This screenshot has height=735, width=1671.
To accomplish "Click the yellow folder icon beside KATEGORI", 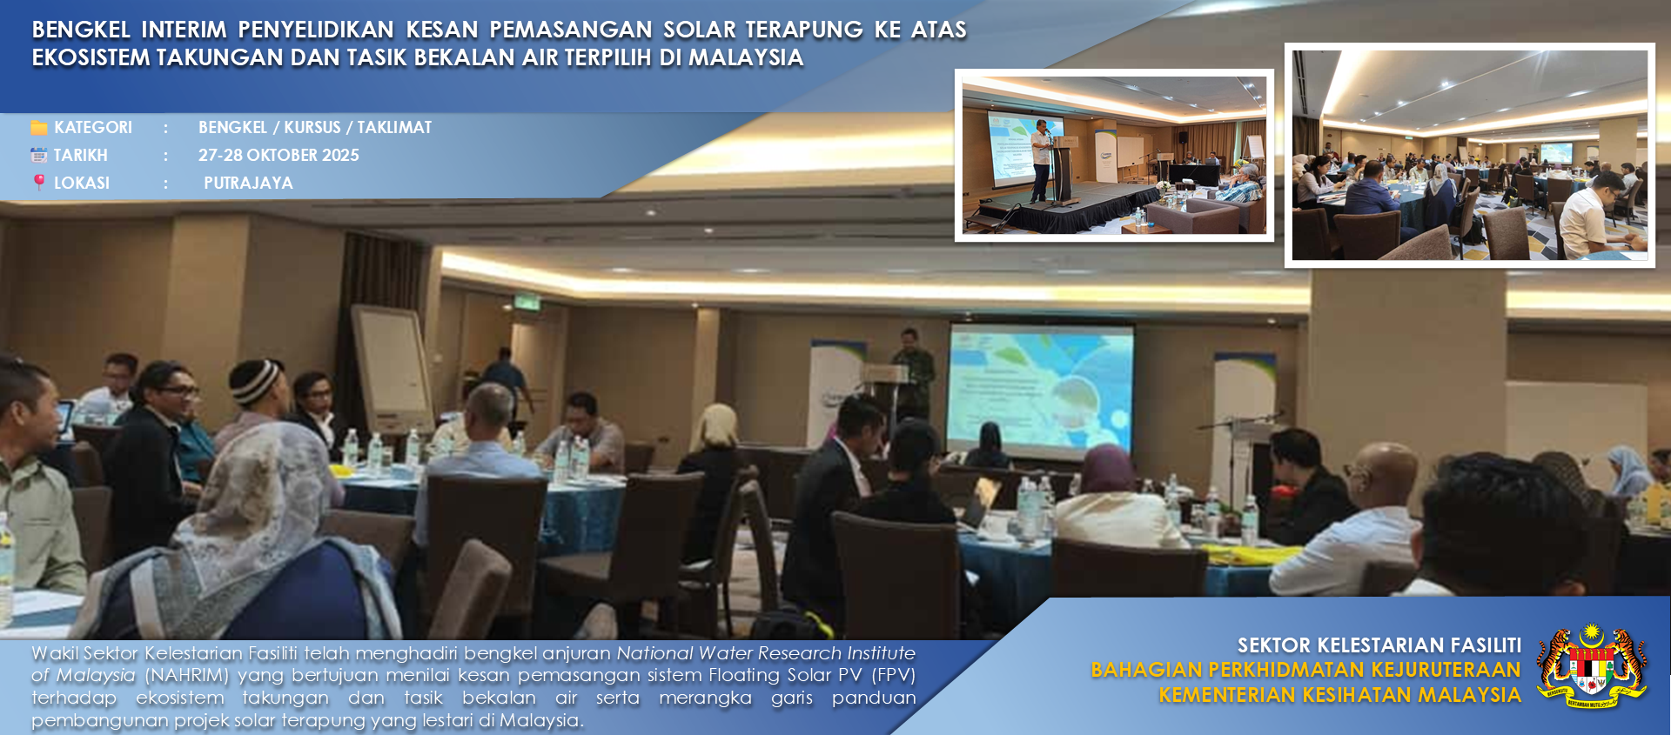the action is pyautogui.click(x=39, y=128).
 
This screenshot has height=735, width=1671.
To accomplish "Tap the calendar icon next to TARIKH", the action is pyautogui.click(x=39, y=156).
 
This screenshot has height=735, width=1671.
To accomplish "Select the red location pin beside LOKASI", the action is pyautogui.click(x=39, y=182).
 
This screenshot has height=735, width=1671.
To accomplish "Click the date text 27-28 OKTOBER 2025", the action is pyautogui.click(x=278, y=155).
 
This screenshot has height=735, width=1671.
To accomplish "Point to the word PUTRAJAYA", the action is pyautogui.click(x=248, y=183).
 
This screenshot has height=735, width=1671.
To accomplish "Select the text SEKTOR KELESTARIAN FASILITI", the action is pyautogui.click(x=1379, y=645).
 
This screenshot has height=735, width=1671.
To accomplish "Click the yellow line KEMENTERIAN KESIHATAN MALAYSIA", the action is pyautogui.click(x=1339, y=695).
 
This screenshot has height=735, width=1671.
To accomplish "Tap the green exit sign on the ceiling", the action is pyautogui.click(x=526, y=304).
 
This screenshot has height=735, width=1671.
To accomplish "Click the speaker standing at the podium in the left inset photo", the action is pyautogui.click(x=1042, y=161).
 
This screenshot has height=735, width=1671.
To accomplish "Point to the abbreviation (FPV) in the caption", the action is pyautogui.click(x=894, y=675).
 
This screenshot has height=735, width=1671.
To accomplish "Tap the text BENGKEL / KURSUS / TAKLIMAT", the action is pyautogui.click(x=315, y=127).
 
